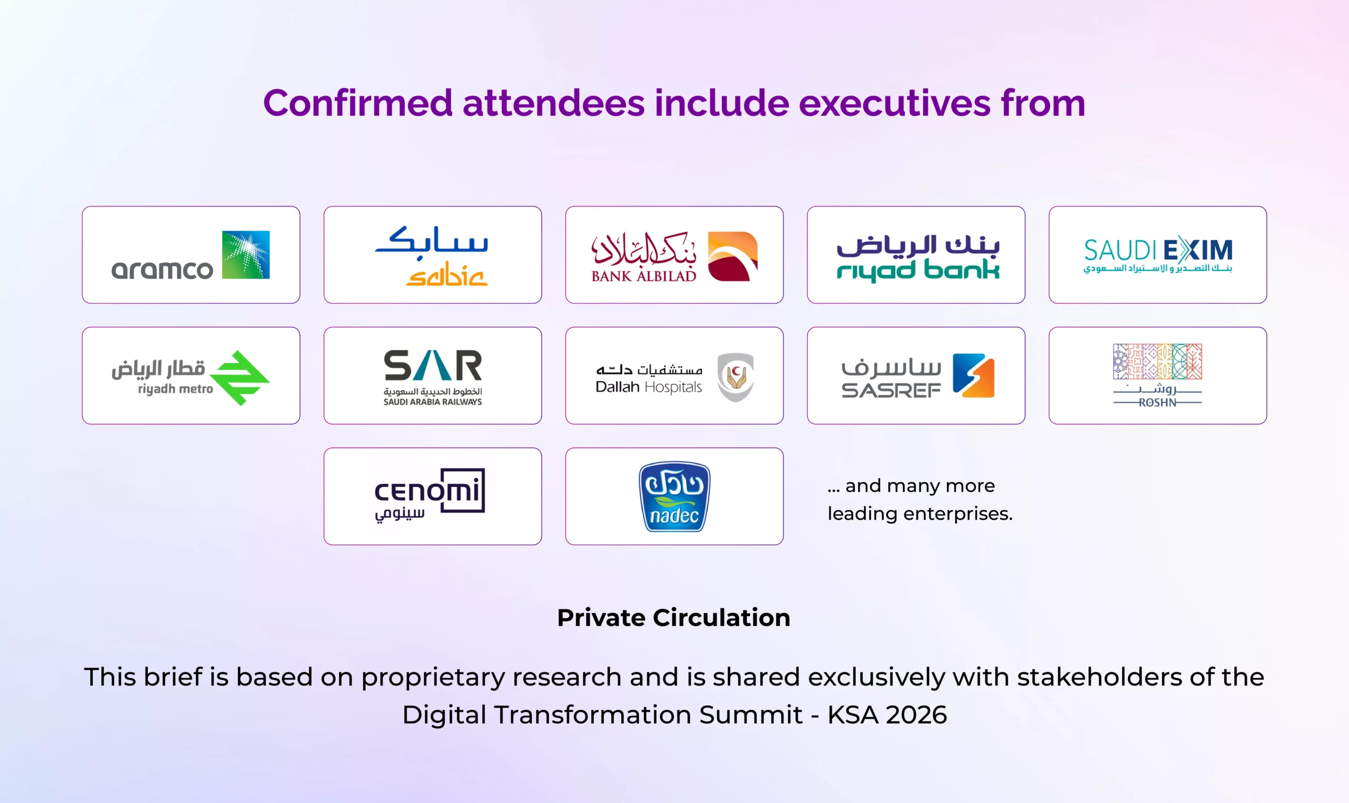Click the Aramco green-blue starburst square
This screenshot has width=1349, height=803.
coord(246,255)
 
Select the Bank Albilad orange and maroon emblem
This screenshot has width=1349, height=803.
coord(732,257)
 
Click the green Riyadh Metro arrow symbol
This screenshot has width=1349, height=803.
coord(240,378)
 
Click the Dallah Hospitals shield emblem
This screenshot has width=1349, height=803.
coord(736,377)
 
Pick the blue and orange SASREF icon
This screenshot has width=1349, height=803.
coord(973,376)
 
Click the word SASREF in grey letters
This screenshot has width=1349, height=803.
coord(891,390)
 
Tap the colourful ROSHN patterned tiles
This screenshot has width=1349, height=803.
coord(1157,361)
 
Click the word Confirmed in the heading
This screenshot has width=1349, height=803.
coord(358,103)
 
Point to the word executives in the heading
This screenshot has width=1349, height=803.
coord(894,103)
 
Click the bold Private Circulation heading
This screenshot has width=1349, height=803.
coord(673,618)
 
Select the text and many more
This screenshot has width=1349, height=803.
coord(920,486)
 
